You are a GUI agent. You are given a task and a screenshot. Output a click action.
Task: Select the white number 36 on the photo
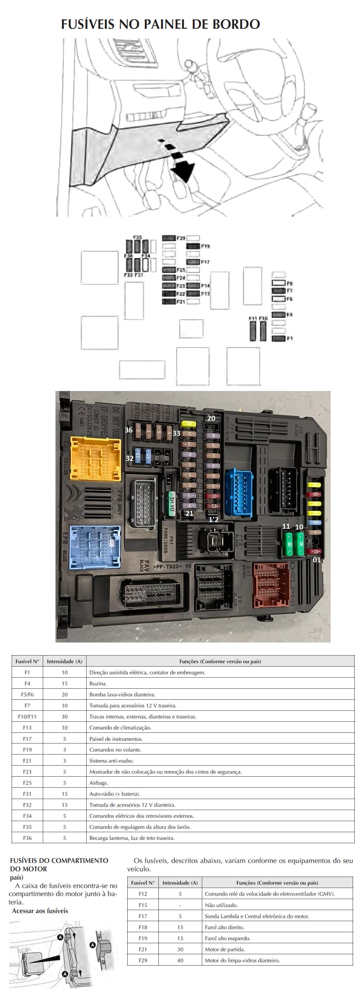(x=129, y=430)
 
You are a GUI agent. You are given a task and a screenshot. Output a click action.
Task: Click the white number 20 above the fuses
(x=211, y=418)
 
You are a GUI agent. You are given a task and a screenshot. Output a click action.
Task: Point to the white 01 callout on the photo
(x=317, y=560)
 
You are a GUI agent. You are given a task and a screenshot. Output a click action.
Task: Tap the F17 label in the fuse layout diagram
(x=205, y=262)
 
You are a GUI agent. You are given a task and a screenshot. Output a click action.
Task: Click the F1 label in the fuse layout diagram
(x=289, y=338)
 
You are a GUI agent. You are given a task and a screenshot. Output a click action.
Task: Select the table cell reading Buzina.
(x=98, y=683)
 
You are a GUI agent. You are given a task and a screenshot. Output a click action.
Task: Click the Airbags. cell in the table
(x=99, y=783)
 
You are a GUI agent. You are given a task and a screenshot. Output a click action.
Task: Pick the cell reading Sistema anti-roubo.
(x=112, y=761)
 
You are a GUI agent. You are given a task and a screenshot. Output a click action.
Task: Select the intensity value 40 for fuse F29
(x=180, y=960)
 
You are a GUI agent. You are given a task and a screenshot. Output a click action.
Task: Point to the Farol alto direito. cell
(x=225, y=927)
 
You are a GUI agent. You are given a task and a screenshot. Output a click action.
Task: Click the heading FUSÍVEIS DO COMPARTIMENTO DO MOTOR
(x=59, y=865)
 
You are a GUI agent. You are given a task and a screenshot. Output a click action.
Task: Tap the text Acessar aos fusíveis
(x=40, y=911)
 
